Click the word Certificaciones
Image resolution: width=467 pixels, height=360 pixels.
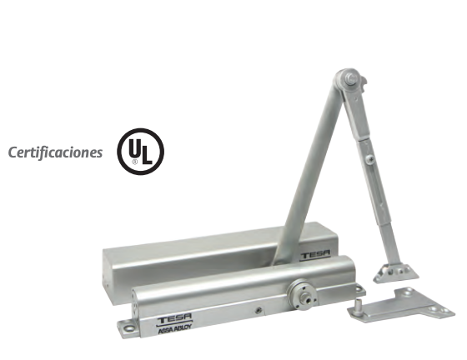tap(55, 152)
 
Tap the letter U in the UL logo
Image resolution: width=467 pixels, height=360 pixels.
tap(134, 148)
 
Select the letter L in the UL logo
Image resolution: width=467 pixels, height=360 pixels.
tap(147, 155)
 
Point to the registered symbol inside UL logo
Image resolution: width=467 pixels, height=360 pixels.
tap(135, 162)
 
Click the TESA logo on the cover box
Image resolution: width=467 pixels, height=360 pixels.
tap(315, 256)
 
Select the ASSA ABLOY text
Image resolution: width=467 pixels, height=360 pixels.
tap(175, 330)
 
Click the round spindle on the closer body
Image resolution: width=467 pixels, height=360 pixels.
tap(302, 295)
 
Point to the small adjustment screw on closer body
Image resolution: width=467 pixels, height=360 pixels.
tap(259, 310)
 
